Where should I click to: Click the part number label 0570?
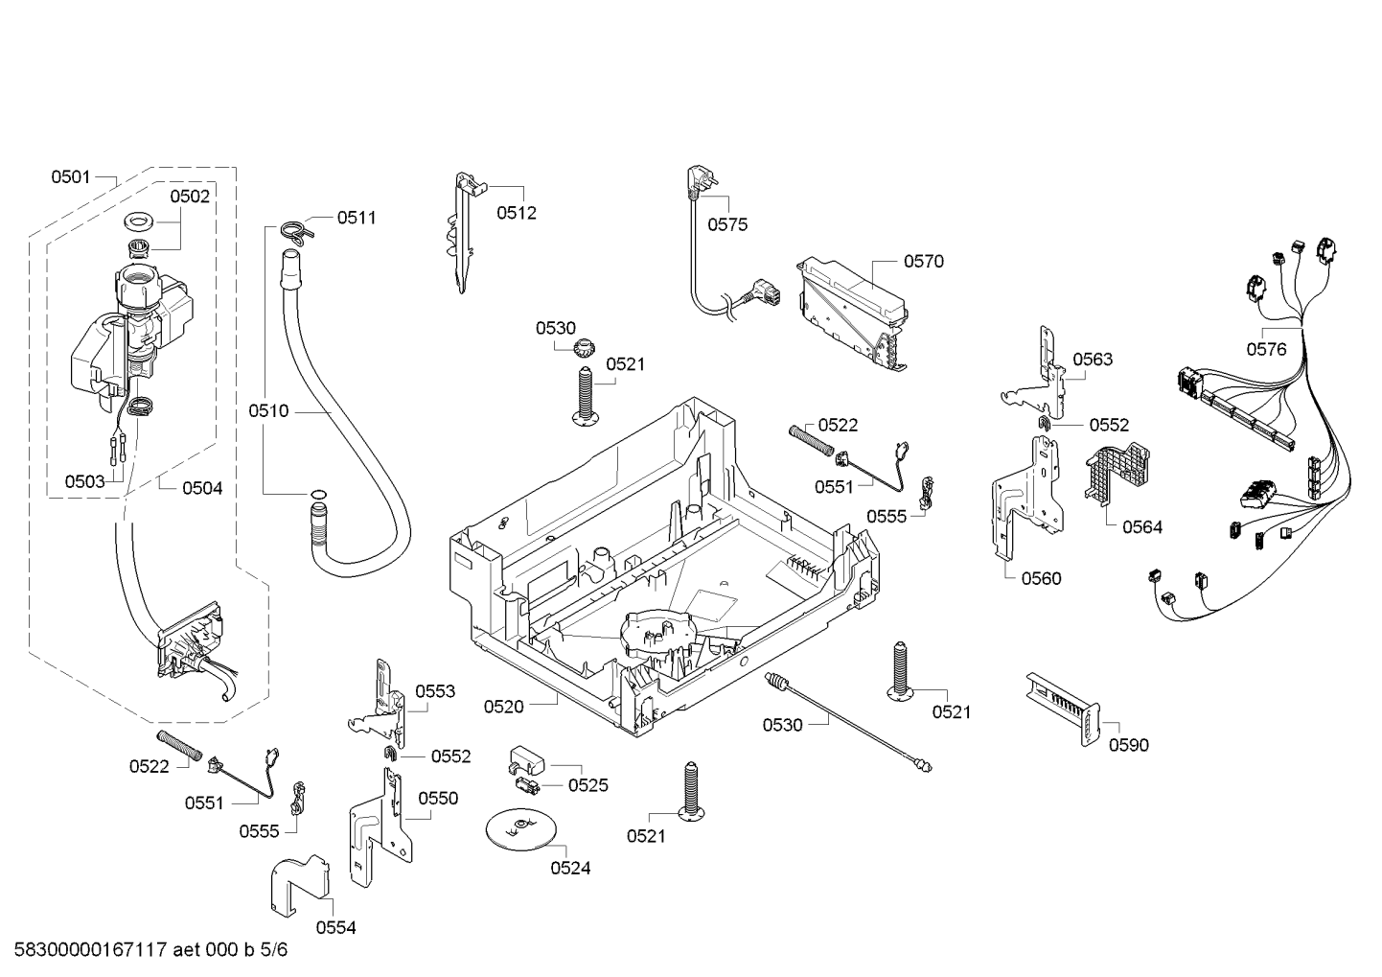pos(924,262)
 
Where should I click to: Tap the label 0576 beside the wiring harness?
pos(1267,349)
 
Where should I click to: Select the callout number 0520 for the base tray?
pos(503,707)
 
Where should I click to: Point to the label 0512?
pos(517,213)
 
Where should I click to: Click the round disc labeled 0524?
pos(520,830)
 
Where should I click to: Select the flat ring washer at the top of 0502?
pos(139,221)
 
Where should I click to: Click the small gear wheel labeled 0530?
pos(584,349)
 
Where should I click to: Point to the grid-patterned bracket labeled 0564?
pos(1117,474)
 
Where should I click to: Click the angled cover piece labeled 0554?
pos(299,886)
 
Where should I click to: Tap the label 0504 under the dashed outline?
pos(202,489)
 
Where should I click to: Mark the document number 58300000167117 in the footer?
pos(91,950)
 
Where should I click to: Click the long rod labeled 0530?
pos(848,723)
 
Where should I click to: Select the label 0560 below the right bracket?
pos(1042,579)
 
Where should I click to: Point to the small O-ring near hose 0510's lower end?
pos(318,493)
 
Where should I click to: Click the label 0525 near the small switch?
pos(587,785)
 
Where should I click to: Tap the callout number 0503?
pos(85,481)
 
